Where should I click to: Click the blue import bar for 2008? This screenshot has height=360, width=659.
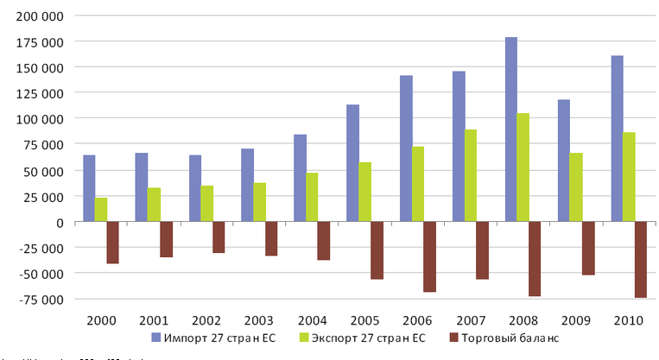click(511, 129)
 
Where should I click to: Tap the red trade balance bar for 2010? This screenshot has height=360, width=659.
click(640, 259)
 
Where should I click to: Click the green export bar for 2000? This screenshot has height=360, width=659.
click(101, 210)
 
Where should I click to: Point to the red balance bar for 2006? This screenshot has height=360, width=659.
click(429, 256)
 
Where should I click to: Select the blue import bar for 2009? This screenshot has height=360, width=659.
click(564, 161)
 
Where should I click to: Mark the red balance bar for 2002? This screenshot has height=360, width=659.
click(219, 237)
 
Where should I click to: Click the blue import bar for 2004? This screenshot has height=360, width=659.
click(300, 178)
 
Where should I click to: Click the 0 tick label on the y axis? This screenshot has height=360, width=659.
click(60, 222)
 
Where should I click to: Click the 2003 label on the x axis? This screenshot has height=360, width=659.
click(259, 320)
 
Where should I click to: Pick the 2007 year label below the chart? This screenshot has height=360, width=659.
click(470, 320)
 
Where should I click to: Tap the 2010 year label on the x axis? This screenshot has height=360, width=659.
click(628, 320)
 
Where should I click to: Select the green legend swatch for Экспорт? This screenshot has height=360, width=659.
click(304, 337)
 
